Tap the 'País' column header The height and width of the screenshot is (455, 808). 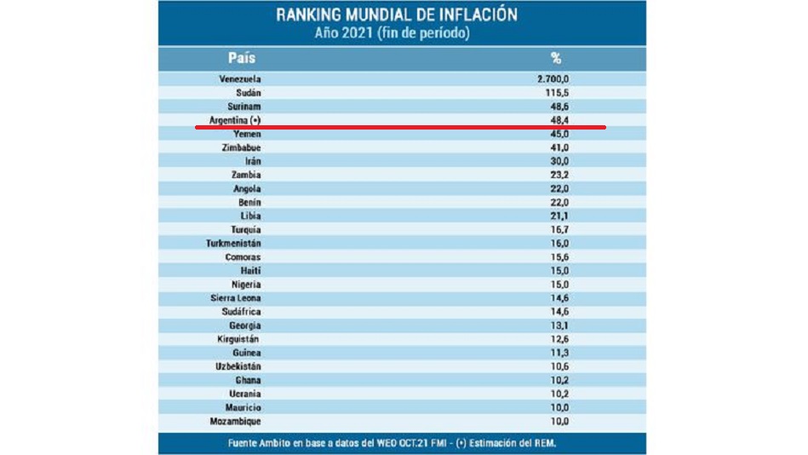click(x=241, y=59)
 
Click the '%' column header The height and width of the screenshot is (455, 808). click(x=556, y=59)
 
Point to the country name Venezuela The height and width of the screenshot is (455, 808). click(x=239, y=79)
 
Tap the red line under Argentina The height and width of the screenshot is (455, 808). click(x=400, y=128)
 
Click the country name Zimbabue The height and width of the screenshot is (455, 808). click(x=240, y=147)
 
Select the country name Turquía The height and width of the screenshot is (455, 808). click(x=245, y=229)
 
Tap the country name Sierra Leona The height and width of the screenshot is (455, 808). click(x=236, y=297)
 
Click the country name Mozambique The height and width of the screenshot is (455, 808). click(x=235, y=420)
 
